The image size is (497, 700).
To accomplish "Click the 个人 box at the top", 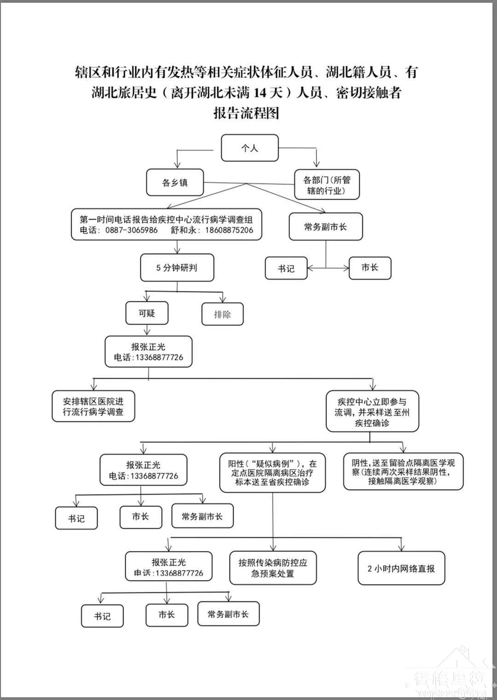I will (249, 148).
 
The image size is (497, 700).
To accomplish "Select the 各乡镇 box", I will (175, 183).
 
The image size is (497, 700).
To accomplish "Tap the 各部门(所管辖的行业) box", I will (326, 185).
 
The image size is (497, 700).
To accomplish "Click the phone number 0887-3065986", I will (131, 230).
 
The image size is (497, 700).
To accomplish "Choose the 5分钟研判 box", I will (177, 268).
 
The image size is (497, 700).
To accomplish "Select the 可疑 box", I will (147, 314).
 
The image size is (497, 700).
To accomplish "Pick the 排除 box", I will (222, 315).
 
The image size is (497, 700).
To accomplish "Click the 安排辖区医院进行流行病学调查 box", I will (93, 407).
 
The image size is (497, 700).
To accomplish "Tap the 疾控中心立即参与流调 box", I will (372, 412).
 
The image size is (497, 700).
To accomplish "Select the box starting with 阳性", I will (272, 473).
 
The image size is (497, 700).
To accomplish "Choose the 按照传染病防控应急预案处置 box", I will (272, 568).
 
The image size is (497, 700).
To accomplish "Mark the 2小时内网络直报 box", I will (401, 568).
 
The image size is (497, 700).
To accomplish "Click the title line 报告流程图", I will (247, 113).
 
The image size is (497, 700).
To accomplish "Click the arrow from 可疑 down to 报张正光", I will (147, 330).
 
